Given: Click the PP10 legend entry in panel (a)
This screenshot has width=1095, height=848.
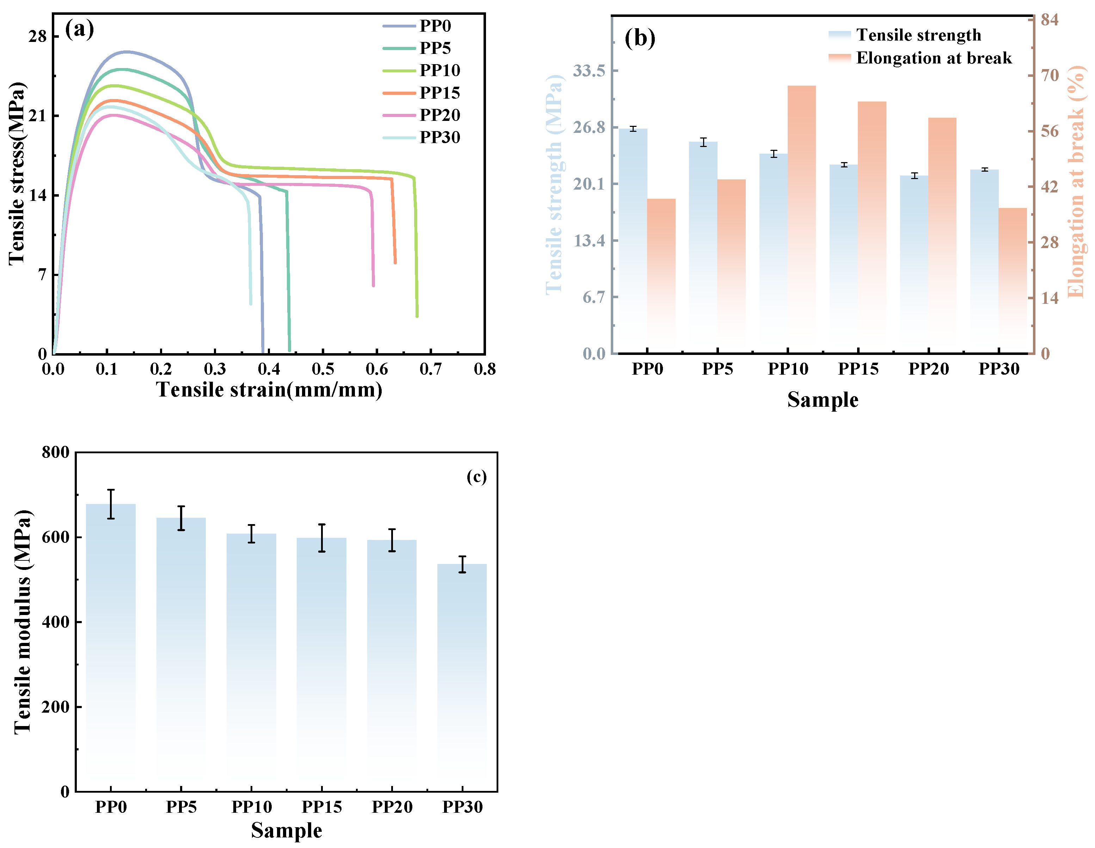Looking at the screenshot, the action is coord(421,70).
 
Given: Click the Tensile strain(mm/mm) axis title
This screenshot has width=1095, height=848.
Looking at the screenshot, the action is coord(269,390).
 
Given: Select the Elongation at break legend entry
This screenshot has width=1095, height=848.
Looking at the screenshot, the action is coord(920,58).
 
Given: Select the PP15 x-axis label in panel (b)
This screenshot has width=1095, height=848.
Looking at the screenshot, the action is coord(859,369).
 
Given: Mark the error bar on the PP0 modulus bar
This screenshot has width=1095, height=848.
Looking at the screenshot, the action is coord(111,504).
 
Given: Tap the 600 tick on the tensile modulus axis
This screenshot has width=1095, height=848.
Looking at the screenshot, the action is coord(56,537).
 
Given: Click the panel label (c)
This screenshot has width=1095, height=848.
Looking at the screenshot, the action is coord(476,477).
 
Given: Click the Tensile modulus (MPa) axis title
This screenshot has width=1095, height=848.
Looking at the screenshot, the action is coord(23,622).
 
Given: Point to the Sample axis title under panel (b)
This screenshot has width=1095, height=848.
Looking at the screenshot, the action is coord(823,400).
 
